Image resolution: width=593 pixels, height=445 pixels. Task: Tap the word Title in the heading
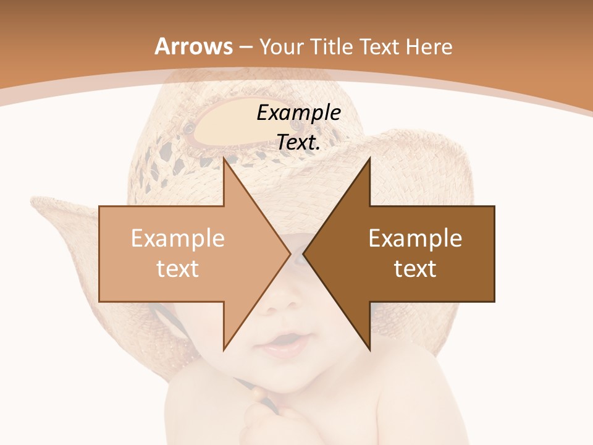(331, 46)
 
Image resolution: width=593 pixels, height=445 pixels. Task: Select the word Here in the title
(429, 46)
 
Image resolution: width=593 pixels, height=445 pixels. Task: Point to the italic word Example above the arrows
(298, 112)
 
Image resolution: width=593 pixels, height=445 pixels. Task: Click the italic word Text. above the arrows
(298, 142)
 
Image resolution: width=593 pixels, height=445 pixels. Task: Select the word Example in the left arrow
(177, 238)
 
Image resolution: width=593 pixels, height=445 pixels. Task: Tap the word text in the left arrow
(177, 268)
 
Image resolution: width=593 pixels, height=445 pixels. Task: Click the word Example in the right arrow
(415, 238)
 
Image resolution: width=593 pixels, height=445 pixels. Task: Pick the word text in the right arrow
(415, 268)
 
